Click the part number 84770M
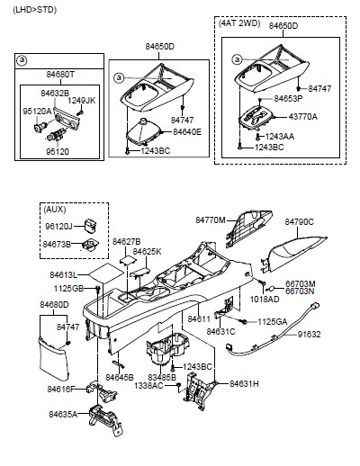pyautogui.click(x=210, y=220)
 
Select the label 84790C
pyautogui.click(x=299, y=222)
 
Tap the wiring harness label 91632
pyautogui.click(x=309, y=334)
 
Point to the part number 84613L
pyautogui.click(x=64, y=274)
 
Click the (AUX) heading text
pyautogui.click(x=55, y=210)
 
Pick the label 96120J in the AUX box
pyautogui.click(x=58, y=227)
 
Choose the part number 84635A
pyautogui.click(x=63, y=415)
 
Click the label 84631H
pyautogui.click(x=244, y=384)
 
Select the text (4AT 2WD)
pyautogui.click(x=239, y=23)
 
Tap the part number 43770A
pyautogui.click(x=302, y=117)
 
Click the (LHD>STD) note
pyautogui.click(x=34, y=10)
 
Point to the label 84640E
pyautogui.click(x=187, y=132)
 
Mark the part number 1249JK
pyautogui.click(x=81, y=101)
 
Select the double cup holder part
pyautogui.click(x=167, y=348)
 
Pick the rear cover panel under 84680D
pyautogui.click(x=54, y=359)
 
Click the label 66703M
pyautogui.click(x=301, y=284)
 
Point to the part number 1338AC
pyautogui.click(x=148, y=385)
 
